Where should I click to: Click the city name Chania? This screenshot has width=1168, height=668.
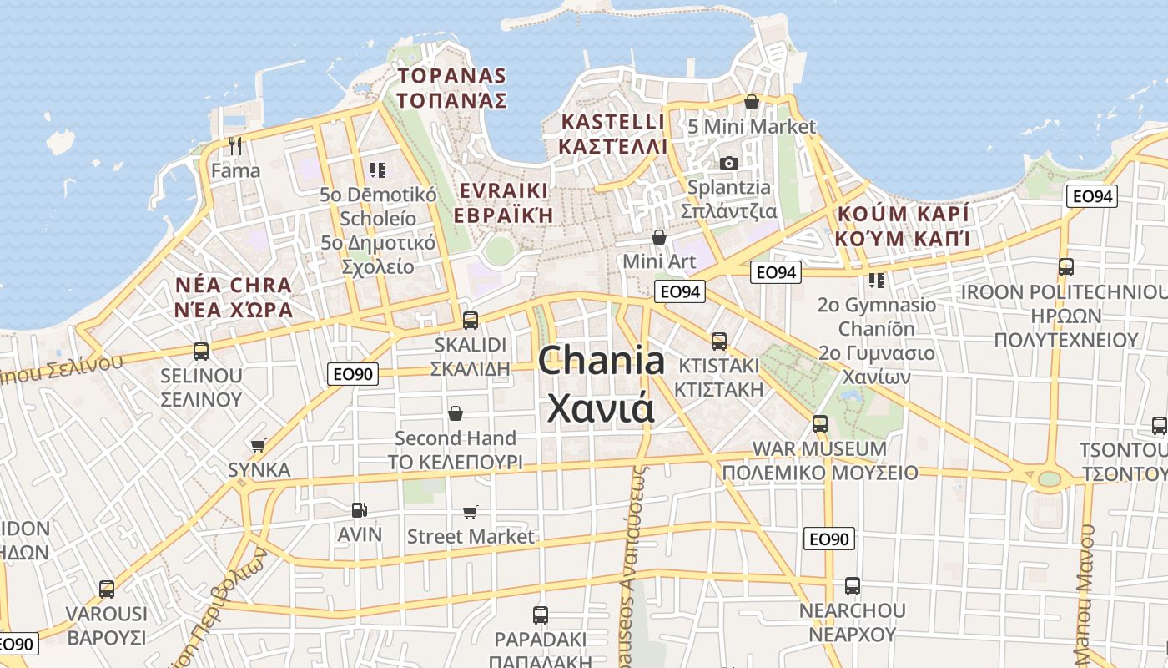click(x=602, y=361)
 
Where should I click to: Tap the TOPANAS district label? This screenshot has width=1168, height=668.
click(x=451, y=76)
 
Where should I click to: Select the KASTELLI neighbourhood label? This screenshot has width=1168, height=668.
click(x=613, y=122)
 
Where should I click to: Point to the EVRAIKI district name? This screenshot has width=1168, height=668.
click(x=504, y=190)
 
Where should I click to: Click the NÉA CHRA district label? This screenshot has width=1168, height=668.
click(x=234, y=286)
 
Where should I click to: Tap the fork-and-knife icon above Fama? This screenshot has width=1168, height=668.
click(x=235, y=146)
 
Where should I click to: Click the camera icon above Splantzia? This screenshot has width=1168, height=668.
click(x=729, y=163)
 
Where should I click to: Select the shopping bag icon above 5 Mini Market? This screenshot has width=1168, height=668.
click(x=752, y=102)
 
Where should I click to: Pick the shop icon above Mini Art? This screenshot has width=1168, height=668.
click(x=659, y=237)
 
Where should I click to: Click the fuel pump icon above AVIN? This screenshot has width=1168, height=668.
click(x=359, y=509)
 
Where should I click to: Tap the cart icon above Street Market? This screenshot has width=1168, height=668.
click(x=471, y=511)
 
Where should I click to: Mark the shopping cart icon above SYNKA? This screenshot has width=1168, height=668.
click(x=259, y=445)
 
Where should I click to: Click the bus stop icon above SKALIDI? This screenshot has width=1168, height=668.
click(x=470, y=320)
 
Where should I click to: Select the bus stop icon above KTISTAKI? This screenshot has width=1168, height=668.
click(x=718, y=341)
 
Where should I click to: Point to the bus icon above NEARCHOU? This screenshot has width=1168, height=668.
click(x=852, y=585)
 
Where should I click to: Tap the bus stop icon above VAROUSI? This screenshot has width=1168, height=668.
click(x=107, y=589)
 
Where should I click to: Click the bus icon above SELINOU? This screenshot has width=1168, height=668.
click(x=200, y=351)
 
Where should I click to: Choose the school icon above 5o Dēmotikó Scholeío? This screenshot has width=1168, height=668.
click(x=378, y=170)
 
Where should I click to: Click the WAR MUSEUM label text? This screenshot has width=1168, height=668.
click(x=820, y=448)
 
